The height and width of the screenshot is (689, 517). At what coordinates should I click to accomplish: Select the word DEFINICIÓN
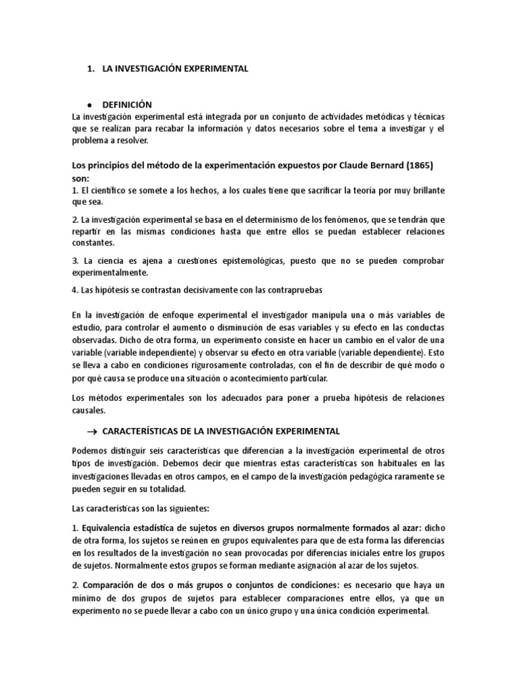coord(127,104)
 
